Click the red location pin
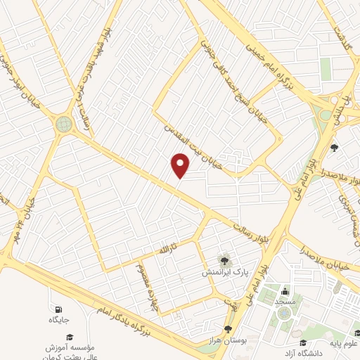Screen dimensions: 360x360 181,165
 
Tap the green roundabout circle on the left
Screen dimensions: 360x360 64,124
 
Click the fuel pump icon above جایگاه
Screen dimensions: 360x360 58,309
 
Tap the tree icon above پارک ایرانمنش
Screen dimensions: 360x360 226,261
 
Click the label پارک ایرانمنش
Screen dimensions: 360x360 226,271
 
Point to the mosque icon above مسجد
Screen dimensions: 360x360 285,291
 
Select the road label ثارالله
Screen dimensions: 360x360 162,250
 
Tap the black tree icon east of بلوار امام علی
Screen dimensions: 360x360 335,148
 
